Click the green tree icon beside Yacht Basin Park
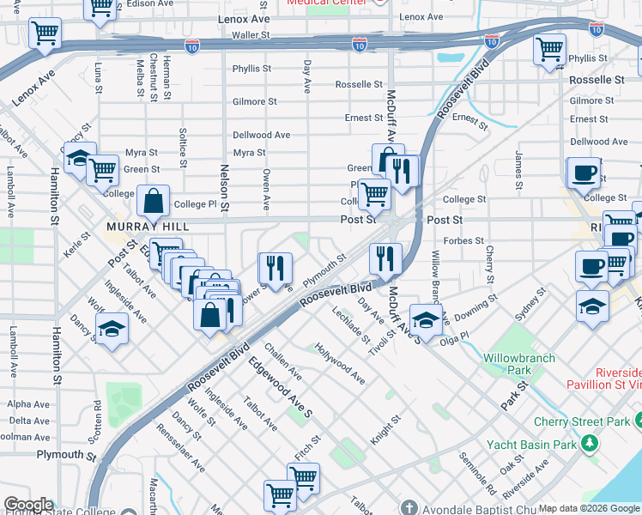[x=590, y=445]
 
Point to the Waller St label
[x=251, y=35]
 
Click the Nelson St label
[x=225, y=188]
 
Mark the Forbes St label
[x=468, y=241]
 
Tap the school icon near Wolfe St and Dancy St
[x=112, y=330]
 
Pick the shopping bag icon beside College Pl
[x=153, y=201]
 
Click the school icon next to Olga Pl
[x=426, y=319]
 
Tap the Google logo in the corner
[x=28, y=505]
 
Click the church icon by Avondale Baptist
[x=409, y=507]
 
